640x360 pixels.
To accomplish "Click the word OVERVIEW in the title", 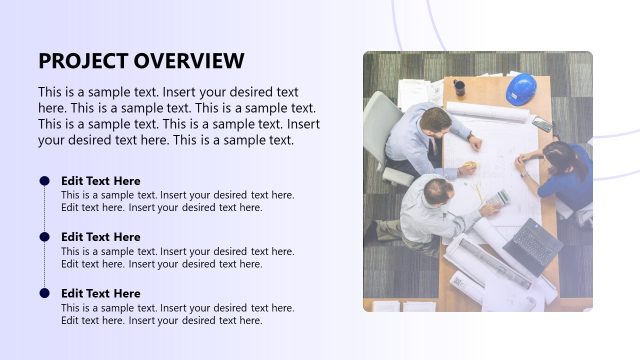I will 189,60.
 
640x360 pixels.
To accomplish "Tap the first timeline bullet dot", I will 44,181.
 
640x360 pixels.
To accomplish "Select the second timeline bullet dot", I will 44,237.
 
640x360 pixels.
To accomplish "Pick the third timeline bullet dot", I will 44,293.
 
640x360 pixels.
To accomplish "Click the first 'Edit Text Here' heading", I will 101,181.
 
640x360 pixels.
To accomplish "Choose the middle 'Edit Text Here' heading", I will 101,237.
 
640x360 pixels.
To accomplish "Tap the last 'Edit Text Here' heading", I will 101,293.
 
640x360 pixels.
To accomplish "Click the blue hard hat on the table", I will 520,89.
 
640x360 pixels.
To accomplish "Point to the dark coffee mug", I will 459,87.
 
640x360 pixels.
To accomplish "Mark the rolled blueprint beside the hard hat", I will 487,112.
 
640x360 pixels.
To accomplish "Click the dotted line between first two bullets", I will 44,209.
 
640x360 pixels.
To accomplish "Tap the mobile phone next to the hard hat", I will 541,123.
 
